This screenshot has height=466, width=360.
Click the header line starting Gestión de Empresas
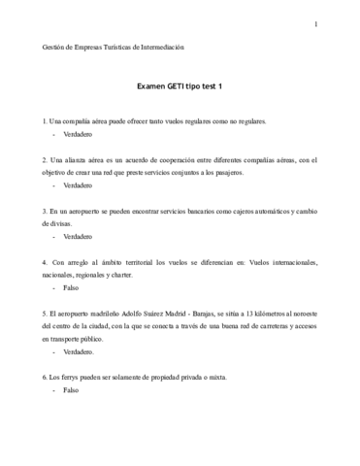114,46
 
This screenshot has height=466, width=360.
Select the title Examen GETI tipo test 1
180,85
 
